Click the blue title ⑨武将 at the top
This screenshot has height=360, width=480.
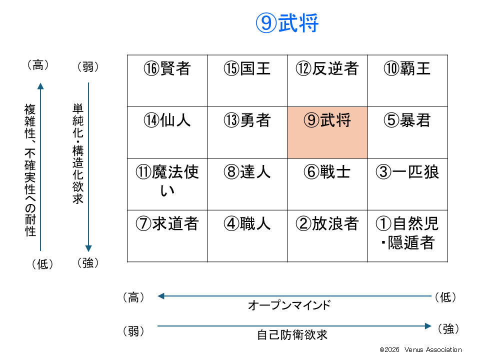287,23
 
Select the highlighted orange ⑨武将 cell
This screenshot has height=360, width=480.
327,132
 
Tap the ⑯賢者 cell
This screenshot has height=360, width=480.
167,81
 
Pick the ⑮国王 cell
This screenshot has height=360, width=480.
247,81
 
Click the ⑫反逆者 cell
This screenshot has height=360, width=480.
327,81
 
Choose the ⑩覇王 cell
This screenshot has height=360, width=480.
407,81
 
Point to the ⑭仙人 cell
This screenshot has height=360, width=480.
167,132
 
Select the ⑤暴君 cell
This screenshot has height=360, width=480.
407,132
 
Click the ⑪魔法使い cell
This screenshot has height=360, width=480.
167,184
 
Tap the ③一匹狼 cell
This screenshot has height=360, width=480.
407,184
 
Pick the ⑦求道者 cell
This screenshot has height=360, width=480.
167,236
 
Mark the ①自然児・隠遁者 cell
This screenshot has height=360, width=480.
407,236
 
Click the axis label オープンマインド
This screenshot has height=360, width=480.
289,305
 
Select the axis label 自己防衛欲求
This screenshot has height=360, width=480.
292,335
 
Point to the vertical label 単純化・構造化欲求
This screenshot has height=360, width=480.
78,153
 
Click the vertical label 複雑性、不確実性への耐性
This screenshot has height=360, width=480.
30,170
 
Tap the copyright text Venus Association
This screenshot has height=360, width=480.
433,349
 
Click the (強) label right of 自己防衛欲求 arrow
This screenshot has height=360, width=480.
448,329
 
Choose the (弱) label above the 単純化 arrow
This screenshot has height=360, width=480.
88,66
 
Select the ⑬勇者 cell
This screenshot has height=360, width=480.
247,132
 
